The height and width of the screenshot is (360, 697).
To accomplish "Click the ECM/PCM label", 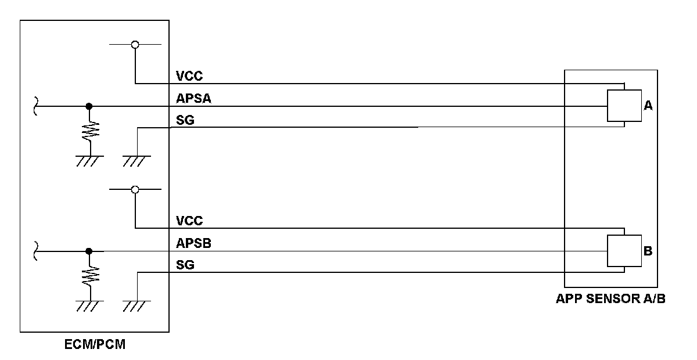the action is [94, 345].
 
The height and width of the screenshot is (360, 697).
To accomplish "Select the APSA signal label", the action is [193, 99].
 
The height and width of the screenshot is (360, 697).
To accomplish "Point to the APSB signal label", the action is [193, 244].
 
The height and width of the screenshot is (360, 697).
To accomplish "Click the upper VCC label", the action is [189, 76].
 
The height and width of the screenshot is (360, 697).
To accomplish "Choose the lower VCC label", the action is [189, 221].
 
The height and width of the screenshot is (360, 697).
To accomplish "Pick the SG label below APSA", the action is [185, 121].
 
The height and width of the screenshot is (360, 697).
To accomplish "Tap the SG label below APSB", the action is [185, 266].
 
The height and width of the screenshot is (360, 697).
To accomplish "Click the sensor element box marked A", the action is [624, 106].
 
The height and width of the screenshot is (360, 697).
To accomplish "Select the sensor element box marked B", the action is [624, 251].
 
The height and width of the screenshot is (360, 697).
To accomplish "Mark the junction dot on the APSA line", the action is [88, 106].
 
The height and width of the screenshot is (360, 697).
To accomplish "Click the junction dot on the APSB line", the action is [88, 251].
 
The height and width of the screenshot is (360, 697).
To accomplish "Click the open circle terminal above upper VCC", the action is [135, 44].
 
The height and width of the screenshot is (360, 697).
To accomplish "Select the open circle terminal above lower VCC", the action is [135, 189].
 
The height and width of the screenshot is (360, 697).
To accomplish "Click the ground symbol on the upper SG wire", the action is [136, 160].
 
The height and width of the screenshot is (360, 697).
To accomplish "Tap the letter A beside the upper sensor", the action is [649, 106].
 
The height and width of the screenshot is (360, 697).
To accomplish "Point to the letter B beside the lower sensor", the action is [648, 251].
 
